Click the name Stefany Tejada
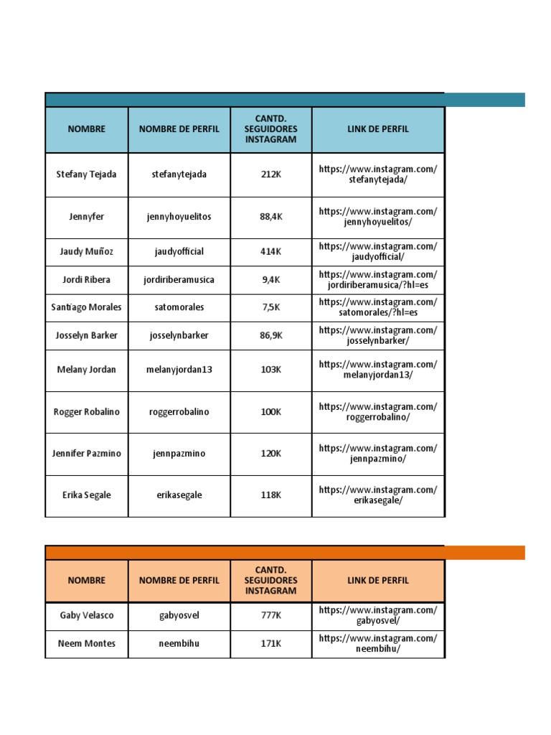point(86,174)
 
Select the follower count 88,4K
point(270,217)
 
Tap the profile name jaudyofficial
point(179,252)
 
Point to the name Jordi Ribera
point(86,280)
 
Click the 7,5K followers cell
point(270,307)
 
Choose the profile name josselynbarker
point(179,335)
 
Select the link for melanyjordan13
point(378,370)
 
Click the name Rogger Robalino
point(86,412)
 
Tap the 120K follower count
point(270,454)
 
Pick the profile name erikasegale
point(179,495)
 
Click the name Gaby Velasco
point(86,616)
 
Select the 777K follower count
point(270,616)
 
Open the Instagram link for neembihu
point(378,644)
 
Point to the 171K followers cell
point(270,644)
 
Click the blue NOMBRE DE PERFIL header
point(179,129)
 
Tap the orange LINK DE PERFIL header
point(378,581)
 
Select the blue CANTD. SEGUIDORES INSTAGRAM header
point(270,129)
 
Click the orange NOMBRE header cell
point(86,581)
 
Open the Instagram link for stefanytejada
point(378,174)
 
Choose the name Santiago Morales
point(86,307)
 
